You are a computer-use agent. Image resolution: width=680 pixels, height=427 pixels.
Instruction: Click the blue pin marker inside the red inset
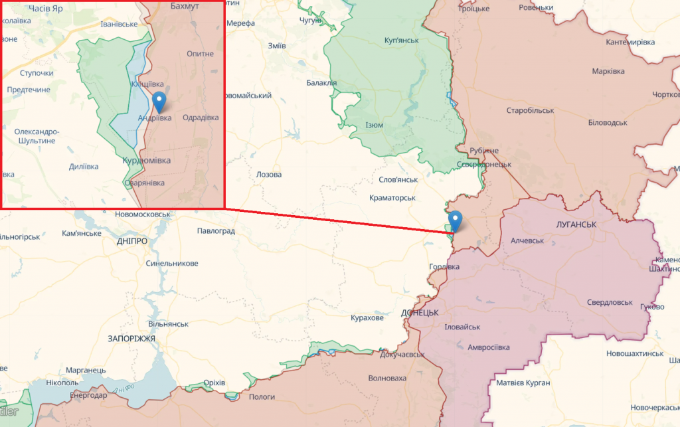click(159, 101)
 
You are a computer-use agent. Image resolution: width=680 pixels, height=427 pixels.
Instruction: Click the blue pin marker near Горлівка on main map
click(455, 220)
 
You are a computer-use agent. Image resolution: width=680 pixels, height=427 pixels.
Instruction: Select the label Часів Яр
click(50, 9)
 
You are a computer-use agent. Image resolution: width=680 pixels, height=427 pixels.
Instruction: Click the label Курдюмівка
click(147, 161)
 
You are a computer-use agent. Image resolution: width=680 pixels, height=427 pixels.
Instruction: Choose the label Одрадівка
click(200, 118)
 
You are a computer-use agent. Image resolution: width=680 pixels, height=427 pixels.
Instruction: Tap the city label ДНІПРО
click(131, 241)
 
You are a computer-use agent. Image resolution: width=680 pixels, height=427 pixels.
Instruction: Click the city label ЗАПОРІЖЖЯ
click(131, 339)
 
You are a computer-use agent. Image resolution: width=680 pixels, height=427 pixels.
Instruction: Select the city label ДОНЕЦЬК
click(420, 312)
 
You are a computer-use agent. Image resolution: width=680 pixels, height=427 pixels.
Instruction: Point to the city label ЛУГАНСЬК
click(576, 224)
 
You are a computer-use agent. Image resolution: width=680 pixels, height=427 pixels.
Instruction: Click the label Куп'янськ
click(402, 41)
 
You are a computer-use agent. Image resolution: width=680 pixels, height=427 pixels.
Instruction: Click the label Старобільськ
click(529, 110)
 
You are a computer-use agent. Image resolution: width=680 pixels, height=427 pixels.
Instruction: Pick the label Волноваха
click(387, 379)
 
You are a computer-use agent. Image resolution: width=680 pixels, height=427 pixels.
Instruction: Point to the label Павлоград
click(216, 231)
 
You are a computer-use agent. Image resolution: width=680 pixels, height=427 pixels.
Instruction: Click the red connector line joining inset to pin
click(332, 220)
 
